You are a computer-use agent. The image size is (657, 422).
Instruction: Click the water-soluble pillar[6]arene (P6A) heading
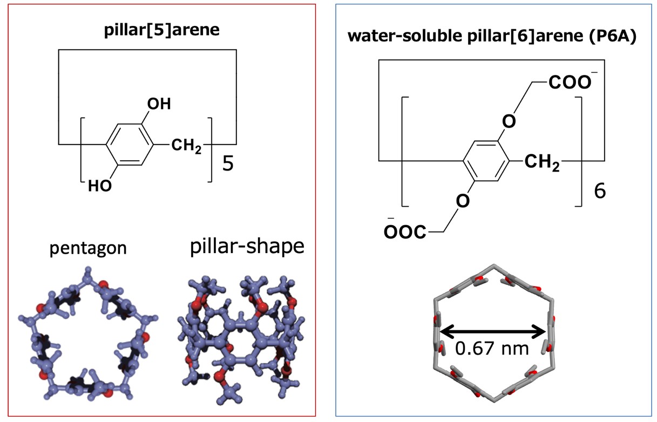[492, 37]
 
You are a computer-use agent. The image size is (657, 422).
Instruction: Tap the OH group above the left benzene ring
[159, 104]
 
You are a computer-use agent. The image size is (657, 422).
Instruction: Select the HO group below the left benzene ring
[100, 186]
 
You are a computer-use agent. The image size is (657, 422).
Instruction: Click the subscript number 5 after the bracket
[228, 164]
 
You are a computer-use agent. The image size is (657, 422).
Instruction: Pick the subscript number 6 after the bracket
[600, 191]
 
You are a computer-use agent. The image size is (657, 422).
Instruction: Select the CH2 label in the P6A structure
[542, 162]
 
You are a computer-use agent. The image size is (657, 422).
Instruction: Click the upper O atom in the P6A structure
[509, 121]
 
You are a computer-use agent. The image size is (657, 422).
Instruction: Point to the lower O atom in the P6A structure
[463, 201]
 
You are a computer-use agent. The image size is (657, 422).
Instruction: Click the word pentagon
[88, 249]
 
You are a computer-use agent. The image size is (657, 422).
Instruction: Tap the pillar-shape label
[247, 247]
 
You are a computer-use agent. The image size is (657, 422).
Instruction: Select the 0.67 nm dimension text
[492, 349]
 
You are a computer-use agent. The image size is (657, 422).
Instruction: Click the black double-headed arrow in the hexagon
[492, 332]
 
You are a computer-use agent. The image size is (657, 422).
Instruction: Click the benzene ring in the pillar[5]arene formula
[130, 144]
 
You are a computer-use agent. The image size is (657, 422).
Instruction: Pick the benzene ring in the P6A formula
[486, 161]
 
